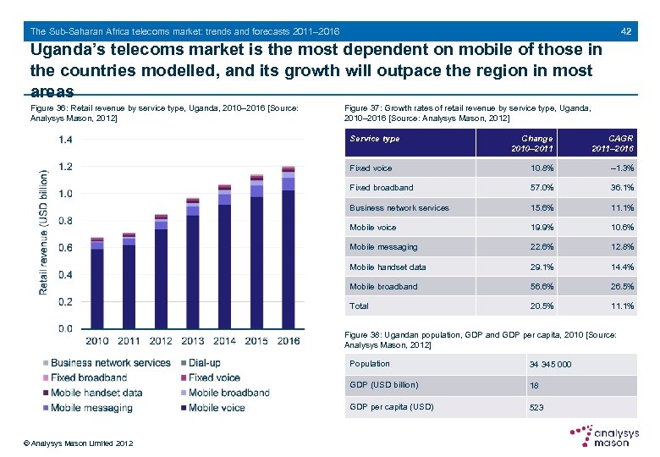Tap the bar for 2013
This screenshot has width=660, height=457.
coord(193,263)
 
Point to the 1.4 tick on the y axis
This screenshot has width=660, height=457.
coord(64,140)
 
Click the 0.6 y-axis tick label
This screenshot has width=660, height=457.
coord(64,248)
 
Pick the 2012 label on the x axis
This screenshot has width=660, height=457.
coord(161,341)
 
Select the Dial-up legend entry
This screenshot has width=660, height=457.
coord(202,363)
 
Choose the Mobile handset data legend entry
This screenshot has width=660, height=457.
coord(96,393)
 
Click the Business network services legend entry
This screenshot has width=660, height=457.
coord(110,363)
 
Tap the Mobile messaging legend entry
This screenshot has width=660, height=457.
coord(91,408)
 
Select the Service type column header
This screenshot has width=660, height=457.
coord(375,139)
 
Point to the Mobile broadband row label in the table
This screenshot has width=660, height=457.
coord(383,287)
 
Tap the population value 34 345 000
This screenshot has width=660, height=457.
coord(550,365)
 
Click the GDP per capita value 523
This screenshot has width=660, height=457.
coord(536,408)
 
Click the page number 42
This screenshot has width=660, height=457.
coord(626,31)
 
